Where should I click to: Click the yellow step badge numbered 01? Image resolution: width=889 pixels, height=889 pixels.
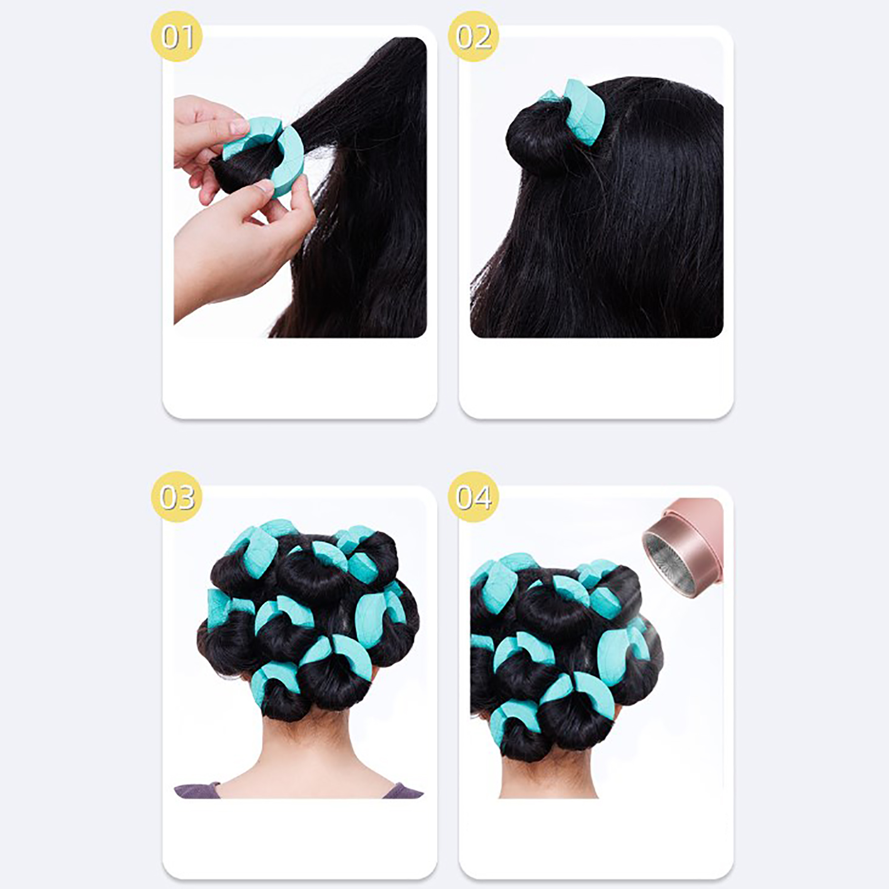(177, 36)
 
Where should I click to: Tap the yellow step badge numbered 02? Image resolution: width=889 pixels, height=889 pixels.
(473, 36)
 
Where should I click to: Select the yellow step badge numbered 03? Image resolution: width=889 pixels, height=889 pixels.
(177, 497)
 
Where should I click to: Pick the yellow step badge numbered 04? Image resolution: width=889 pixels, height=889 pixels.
(473, 497)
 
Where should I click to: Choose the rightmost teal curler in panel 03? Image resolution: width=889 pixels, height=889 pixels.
(378, 614)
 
